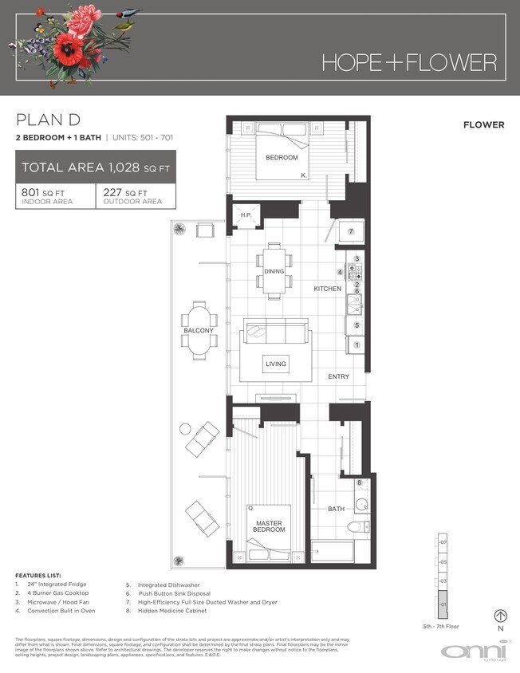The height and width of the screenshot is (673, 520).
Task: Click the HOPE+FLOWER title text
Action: point(409,62)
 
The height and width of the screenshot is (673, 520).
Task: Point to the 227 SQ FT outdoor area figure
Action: point(125,192)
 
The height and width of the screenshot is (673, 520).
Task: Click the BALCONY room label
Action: point(199,330)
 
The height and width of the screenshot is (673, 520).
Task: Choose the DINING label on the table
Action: point(274,272)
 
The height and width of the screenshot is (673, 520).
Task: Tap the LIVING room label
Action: point(276,364)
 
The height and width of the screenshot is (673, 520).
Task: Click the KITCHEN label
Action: point(327,289)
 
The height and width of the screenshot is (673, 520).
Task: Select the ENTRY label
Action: point(339,376)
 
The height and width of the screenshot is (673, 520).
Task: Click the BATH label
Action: point(337,508)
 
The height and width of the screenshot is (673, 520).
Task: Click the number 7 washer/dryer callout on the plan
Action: point(350,231)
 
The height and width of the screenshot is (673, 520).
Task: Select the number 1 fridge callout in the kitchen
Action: point(357,344)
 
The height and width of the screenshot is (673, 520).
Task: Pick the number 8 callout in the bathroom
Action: point(359,483)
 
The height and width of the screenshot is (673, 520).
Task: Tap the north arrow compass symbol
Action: point(501,616)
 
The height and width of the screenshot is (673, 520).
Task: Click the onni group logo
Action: point(475,651)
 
